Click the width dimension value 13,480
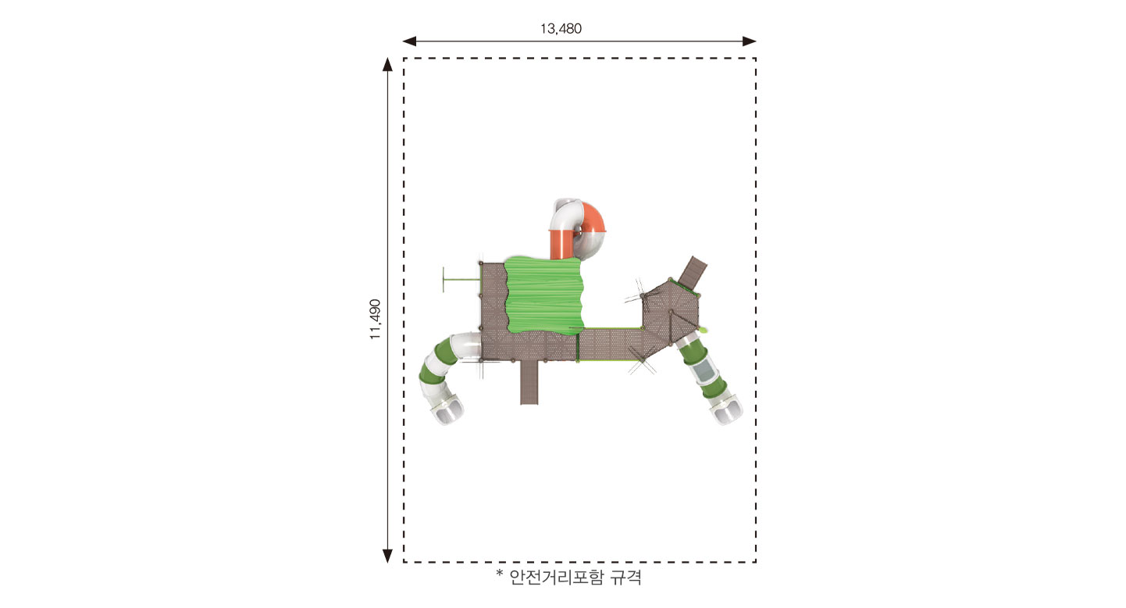561,29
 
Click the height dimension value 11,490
376,320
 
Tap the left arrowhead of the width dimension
409,41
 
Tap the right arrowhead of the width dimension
750,41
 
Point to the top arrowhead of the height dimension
387,64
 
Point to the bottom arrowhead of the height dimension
387,556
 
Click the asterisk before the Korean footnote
499,574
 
